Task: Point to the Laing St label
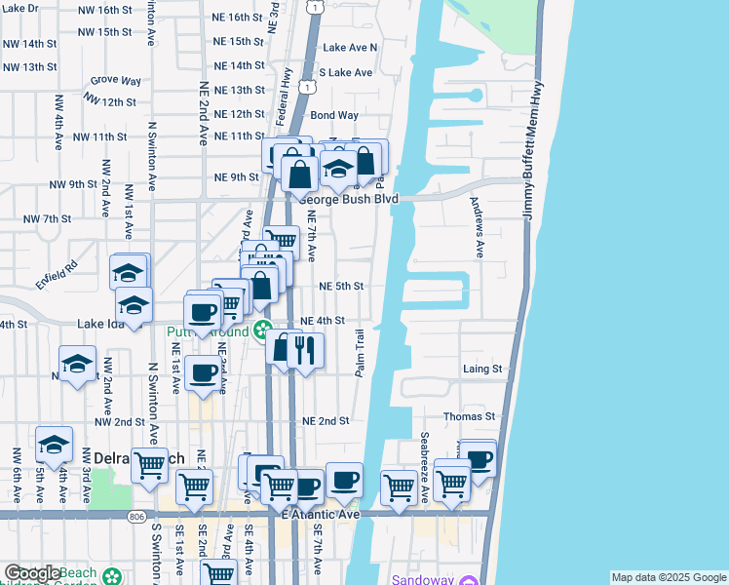482,370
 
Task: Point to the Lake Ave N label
350,47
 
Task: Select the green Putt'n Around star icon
262,331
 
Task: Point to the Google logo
31,573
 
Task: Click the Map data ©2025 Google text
669,577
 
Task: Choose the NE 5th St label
341,286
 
